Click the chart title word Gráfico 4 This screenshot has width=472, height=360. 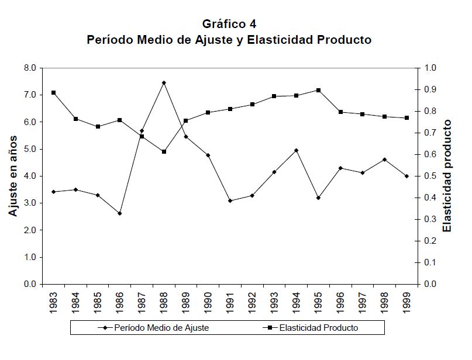tap(229, 25)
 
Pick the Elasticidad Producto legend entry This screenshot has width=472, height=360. tap(318, 328)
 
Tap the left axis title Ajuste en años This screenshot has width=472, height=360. tap(13, 176)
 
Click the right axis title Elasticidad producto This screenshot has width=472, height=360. tap(447, 176)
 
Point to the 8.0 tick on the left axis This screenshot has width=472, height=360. tap(29, 68)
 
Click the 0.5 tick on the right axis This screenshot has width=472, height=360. tap(430, 176)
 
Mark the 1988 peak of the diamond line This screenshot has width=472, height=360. tap(164, 82)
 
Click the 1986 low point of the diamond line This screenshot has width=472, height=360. tap(119, 213)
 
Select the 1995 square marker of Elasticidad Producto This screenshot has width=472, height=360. tap(318, 90)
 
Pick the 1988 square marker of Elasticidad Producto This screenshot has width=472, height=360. tap(164, 151)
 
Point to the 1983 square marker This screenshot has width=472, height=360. tap(53, 92)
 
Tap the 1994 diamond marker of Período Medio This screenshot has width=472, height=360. tap(297, 150)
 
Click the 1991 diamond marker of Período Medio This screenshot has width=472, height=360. tap(230, 200)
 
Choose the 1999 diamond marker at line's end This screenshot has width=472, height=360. tap(406, 176)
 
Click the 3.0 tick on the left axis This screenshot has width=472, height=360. tap(29, 203)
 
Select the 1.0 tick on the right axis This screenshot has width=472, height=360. tap(430, 68)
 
